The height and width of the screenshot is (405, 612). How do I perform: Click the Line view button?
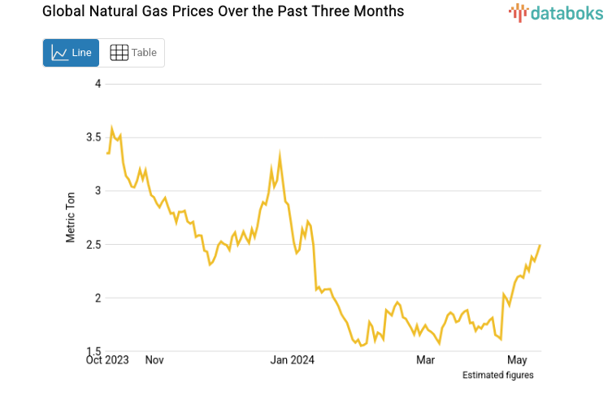coord(72,53)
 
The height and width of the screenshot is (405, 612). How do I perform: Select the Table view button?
coord(133,53)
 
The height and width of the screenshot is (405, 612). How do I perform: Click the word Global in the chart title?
coord(41,12)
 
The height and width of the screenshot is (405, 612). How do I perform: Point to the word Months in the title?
coord(378,12)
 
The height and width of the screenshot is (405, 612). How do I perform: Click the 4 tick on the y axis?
coord(98,84)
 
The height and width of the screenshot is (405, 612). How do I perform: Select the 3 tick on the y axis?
coord(98,191)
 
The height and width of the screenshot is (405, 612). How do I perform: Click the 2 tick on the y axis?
coord(98,298)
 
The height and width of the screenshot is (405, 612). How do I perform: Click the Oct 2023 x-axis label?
coord(107,359)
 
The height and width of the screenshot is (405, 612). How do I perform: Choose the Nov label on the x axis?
coord(154,359)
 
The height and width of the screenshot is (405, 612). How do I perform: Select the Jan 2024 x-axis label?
coord(292,359)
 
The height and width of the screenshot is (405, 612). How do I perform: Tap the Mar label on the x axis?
coord(425,359)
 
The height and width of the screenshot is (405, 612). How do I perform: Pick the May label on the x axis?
coord(518,359)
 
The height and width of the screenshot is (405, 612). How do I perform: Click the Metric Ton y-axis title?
coord(71,218)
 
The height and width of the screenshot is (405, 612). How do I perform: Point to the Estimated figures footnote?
coord(497,375)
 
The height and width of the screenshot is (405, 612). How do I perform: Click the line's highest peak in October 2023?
coord(112,128)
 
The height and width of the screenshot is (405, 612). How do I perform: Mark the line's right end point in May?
coord(540,245)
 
